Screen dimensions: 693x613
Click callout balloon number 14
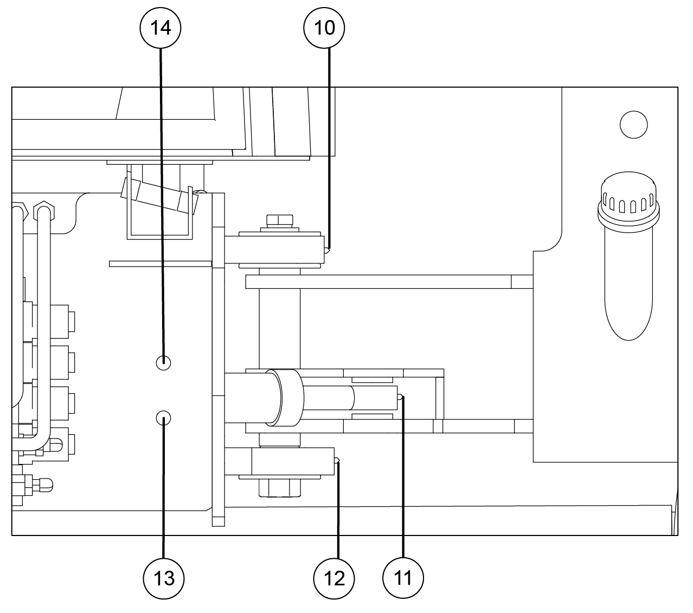pos(161,28)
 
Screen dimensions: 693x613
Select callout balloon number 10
pos(324,28)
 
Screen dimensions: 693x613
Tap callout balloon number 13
pos(164,578)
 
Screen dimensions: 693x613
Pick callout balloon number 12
pos(334,578)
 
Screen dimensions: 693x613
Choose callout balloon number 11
pos(403,578)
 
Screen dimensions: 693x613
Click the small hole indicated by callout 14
pos(164,363)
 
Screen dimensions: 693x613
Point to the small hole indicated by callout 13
pos(164,418)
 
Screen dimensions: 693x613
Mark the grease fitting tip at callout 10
pos(326,250)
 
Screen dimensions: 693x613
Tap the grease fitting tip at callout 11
pos(400,397)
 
